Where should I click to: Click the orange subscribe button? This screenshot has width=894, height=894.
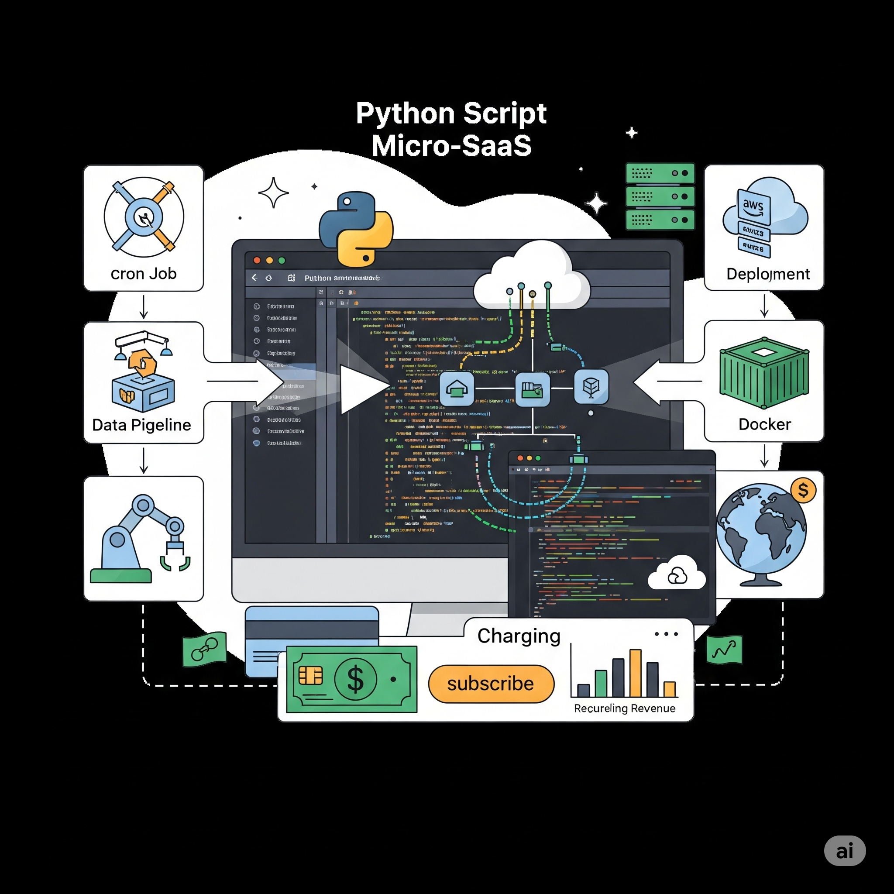(491, 684)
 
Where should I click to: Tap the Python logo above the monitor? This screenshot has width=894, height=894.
(356, 229)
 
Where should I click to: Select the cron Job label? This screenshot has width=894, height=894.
(144, 273)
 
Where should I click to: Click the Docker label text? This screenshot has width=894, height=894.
(764, 424)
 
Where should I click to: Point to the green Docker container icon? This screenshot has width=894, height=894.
(764, 373)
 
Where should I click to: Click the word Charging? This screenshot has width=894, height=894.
(519, 636)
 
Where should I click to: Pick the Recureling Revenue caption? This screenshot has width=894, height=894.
(624, 708)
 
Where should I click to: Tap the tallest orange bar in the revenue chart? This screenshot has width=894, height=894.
(635, 673)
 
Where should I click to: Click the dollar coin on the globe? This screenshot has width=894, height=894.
(803, 490)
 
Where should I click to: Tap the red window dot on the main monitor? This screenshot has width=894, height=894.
(257, 260)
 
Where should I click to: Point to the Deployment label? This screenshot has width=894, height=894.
(768, 274)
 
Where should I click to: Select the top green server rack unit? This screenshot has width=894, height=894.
(660, 173)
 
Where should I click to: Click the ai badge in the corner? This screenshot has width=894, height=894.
(845, 850)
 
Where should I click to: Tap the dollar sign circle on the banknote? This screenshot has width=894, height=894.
(355, 679)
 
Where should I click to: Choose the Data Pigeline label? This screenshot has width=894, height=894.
(141, 425)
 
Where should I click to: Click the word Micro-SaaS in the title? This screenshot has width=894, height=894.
(451, 145)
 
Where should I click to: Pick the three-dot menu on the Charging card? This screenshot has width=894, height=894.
(666, 634)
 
